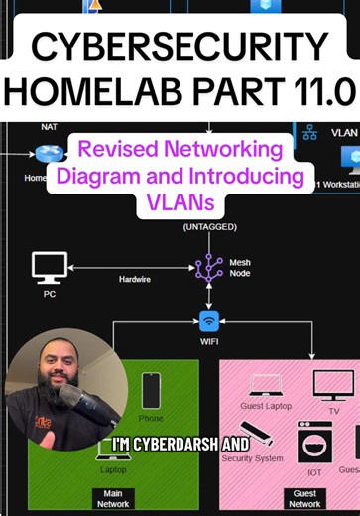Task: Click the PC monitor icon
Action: pos(50,266)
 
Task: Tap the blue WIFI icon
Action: pos(209,322)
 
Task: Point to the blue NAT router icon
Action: pos(44,153)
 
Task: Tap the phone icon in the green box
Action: pos(151,390)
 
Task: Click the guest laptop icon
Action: pos(265,384)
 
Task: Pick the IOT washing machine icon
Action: pos(314,444)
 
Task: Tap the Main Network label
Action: pos(113,497)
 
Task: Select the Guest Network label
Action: pos(304,497)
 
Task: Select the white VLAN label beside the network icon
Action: pos(343,131)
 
